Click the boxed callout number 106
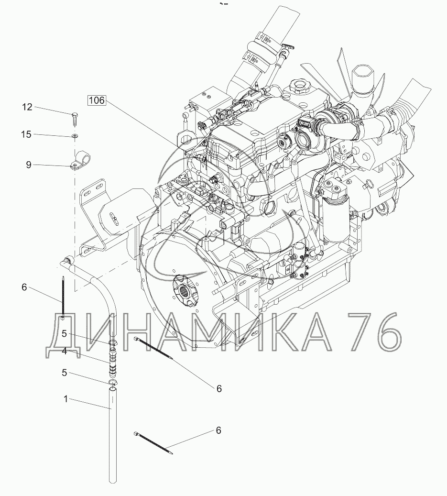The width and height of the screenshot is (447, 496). click(97, 100)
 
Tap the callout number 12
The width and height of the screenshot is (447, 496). click(27, 107)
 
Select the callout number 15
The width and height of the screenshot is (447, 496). click(27, 134)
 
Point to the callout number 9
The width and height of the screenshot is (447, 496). click(29, 165)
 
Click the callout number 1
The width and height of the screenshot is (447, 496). click(66, 399)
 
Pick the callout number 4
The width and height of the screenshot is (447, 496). click(65, 351)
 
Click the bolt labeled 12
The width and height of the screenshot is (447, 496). click(75, 119)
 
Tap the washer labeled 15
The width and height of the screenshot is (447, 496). click(75, 136)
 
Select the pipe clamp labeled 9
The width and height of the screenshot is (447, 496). click(80, 160)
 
